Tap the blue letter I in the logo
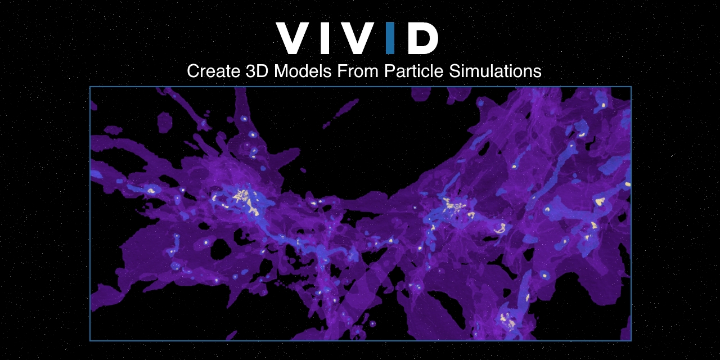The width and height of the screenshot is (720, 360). [390, 38]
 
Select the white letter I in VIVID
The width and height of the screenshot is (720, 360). [325, 38]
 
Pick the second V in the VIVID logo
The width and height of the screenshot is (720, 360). [355, 38]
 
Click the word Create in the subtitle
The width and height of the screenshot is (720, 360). [211, 71]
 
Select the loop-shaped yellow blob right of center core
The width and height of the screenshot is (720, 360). [499, 228]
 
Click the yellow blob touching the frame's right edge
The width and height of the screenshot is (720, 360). [627, 184]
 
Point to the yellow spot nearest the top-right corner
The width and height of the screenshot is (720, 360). [603, 105]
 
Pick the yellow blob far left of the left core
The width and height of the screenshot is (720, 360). [151, 191]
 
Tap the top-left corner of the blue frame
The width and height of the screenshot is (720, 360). [90, 87]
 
